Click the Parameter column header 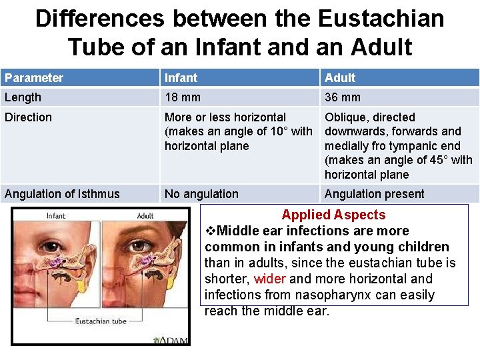coord(34,78)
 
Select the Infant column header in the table coord(181,78)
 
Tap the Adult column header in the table coord(340,78)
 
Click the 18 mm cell coord(183,97)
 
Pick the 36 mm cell coord(343,97)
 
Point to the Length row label coord(23,97)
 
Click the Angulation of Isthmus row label coord(62,194)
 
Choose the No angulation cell coord(201,194)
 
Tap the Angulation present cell coord(374,194)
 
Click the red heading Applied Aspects coord(333,215)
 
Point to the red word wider coord(269,279)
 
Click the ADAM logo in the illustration coord(172,340)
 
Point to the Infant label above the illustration coord(56,216)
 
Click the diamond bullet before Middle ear coord(211,231)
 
